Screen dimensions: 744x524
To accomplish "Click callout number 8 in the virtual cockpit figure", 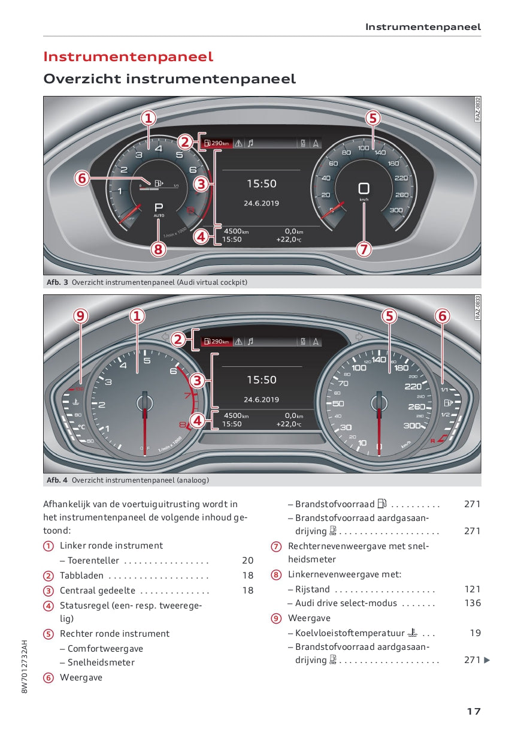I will pyautogui.click(x=157, y=249).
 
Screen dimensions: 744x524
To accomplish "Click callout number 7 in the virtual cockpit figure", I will pyautogui.click(x=364, y=249).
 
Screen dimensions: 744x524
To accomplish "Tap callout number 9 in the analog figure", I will pyautogui.click(x=81, y=315).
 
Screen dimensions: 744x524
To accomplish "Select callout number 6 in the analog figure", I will pyautogui.click(x=442, y=315).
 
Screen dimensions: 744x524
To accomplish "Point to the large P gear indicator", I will pyautogui.click(x=159, y=206).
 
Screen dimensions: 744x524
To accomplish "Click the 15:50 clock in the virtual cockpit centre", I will pyautogui.click(x=262, y=184).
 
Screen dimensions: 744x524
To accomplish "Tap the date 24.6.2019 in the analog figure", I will pyautogui.click(x=261, y=400).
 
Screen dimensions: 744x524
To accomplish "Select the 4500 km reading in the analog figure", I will pyautogui.click(x=236, y=415).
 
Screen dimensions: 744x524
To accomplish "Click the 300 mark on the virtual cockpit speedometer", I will pyautogui.click(x=396, y=210).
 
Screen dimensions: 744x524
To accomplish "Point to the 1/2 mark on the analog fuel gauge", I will pyautogui.click(x=445, y=414).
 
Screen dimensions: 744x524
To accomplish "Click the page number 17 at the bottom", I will pyautogui.click(x=474, y=712).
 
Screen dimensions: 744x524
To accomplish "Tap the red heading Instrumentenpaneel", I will pyautogui.click(x=128, y=57).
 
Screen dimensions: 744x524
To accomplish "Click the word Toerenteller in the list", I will pyautogui.click(x=93, y=561).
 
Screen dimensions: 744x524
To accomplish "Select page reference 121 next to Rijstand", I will pyautogui.click(x=472, y=589).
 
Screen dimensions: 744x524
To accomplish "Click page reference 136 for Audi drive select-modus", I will pyautogui.click(x=472, y=603).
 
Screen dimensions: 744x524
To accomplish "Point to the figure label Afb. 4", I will pyautogui.click(x=57, y=480).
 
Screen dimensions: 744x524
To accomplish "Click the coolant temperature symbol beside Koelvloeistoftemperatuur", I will pyautogui.click(x=413, y=632).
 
